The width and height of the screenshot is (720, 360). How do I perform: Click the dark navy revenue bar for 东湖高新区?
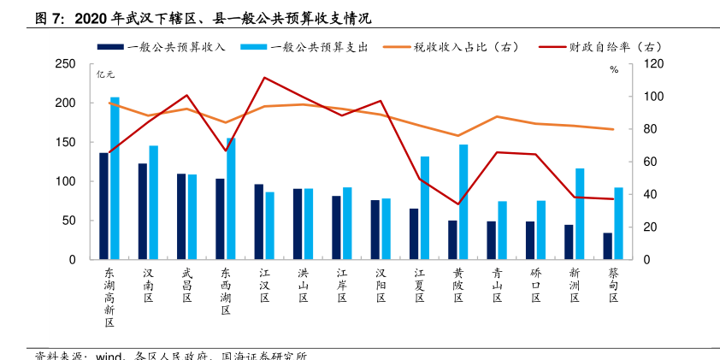click(x=103, y=206)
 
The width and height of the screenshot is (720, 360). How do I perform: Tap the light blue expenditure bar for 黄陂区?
click(x=463, y=202)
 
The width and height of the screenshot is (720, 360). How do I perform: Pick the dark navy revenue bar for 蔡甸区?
click(x=607, y=246)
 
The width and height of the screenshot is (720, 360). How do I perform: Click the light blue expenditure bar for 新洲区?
click(x=580, y=214)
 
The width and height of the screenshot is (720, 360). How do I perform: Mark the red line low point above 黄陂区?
click(x=458, y=204)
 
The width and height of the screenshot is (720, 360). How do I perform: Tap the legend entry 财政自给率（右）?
click(x=603, y=48)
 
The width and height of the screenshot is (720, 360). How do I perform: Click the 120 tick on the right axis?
click(x=652, y=64)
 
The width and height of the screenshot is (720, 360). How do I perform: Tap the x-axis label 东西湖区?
click(x=226, y=292)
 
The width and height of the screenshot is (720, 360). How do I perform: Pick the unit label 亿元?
click(x=105, y=74)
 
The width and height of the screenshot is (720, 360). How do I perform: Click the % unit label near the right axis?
click(x=614, y=70)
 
